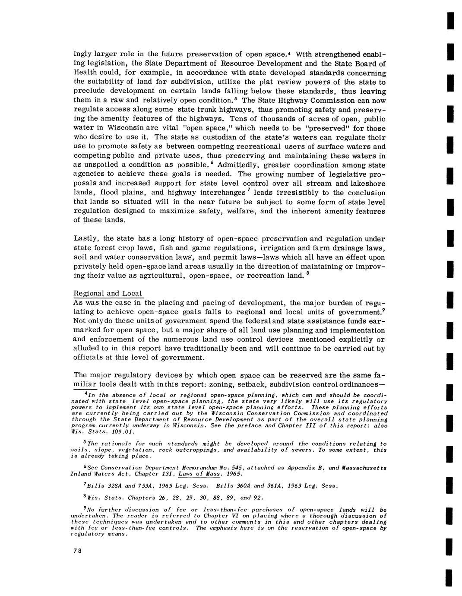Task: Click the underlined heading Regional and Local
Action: [108, 294]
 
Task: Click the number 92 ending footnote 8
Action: [258, 498]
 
